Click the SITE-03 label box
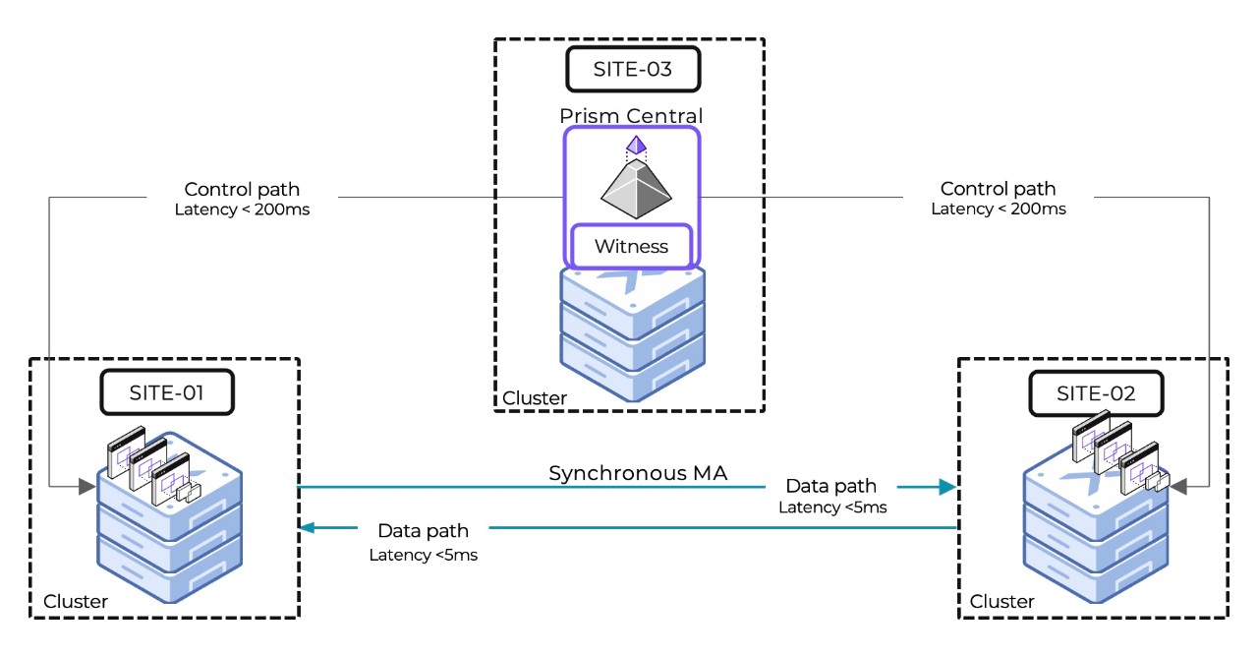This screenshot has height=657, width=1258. coord(632,70)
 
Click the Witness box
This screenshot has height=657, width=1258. coord(632,246)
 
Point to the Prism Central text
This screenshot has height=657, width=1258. coord(632,116)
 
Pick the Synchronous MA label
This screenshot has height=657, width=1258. coord(638,473)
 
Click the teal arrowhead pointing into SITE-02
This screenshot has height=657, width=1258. coord(947,486)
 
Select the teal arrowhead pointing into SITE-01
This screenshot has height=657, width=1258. coord(308,528)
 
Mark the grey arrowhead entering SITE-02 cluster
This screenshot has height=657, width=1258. coord(1178,486)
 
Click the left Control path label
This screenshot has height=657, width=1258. coord(243,189)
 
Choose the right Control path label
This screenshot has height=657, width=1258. coord(998,189)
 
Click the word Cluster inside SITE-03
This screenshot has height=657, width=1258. coord(535,398)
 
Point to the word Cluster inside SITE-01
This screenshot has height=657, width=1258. coord(76,601)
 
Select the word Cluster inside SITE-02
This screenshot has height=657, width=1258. coord(1002,601)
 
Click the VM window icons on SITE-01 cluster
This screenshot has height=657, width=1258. coord(151,463)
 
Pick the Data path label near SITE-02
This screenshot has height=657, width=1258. coord(830,486)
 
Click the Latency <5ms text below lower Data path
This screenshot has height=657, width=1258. coord(424,555)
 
